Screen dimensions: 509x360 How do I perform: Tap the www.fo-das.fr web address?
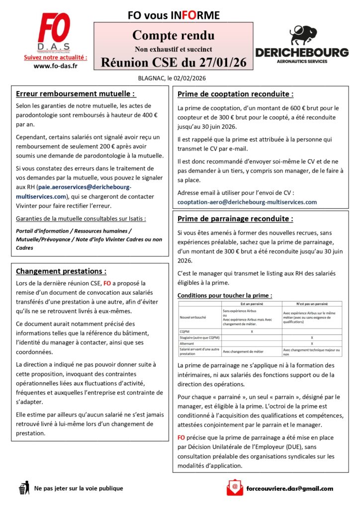(55, 66)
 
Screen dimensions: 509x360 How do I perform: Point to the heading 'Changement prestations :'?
(61, 271)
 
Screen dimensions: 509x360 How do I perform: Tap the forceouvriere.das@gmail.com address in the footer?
(289, 488)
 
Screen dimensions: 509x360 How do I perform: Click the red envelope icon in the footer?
(234, 488)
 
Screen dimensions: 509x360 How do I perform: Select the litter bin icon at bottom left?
(23, 488)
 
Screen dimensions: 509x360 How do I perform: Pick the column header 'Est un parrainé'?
(251, 303)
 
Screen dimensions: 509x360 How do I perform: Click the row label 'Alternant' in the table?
(187, 343)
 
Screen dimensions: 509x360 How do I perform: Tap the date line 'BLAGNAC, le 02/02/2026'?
(172, 78)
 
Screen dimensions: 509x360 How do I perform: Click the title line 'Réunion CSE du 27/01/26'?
(174, 62)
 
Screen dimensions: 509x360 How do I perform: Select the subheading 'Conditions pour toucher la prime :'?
(224, 295)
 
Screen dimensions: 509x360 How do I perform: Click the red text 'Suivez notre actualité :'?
(55, 58)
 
